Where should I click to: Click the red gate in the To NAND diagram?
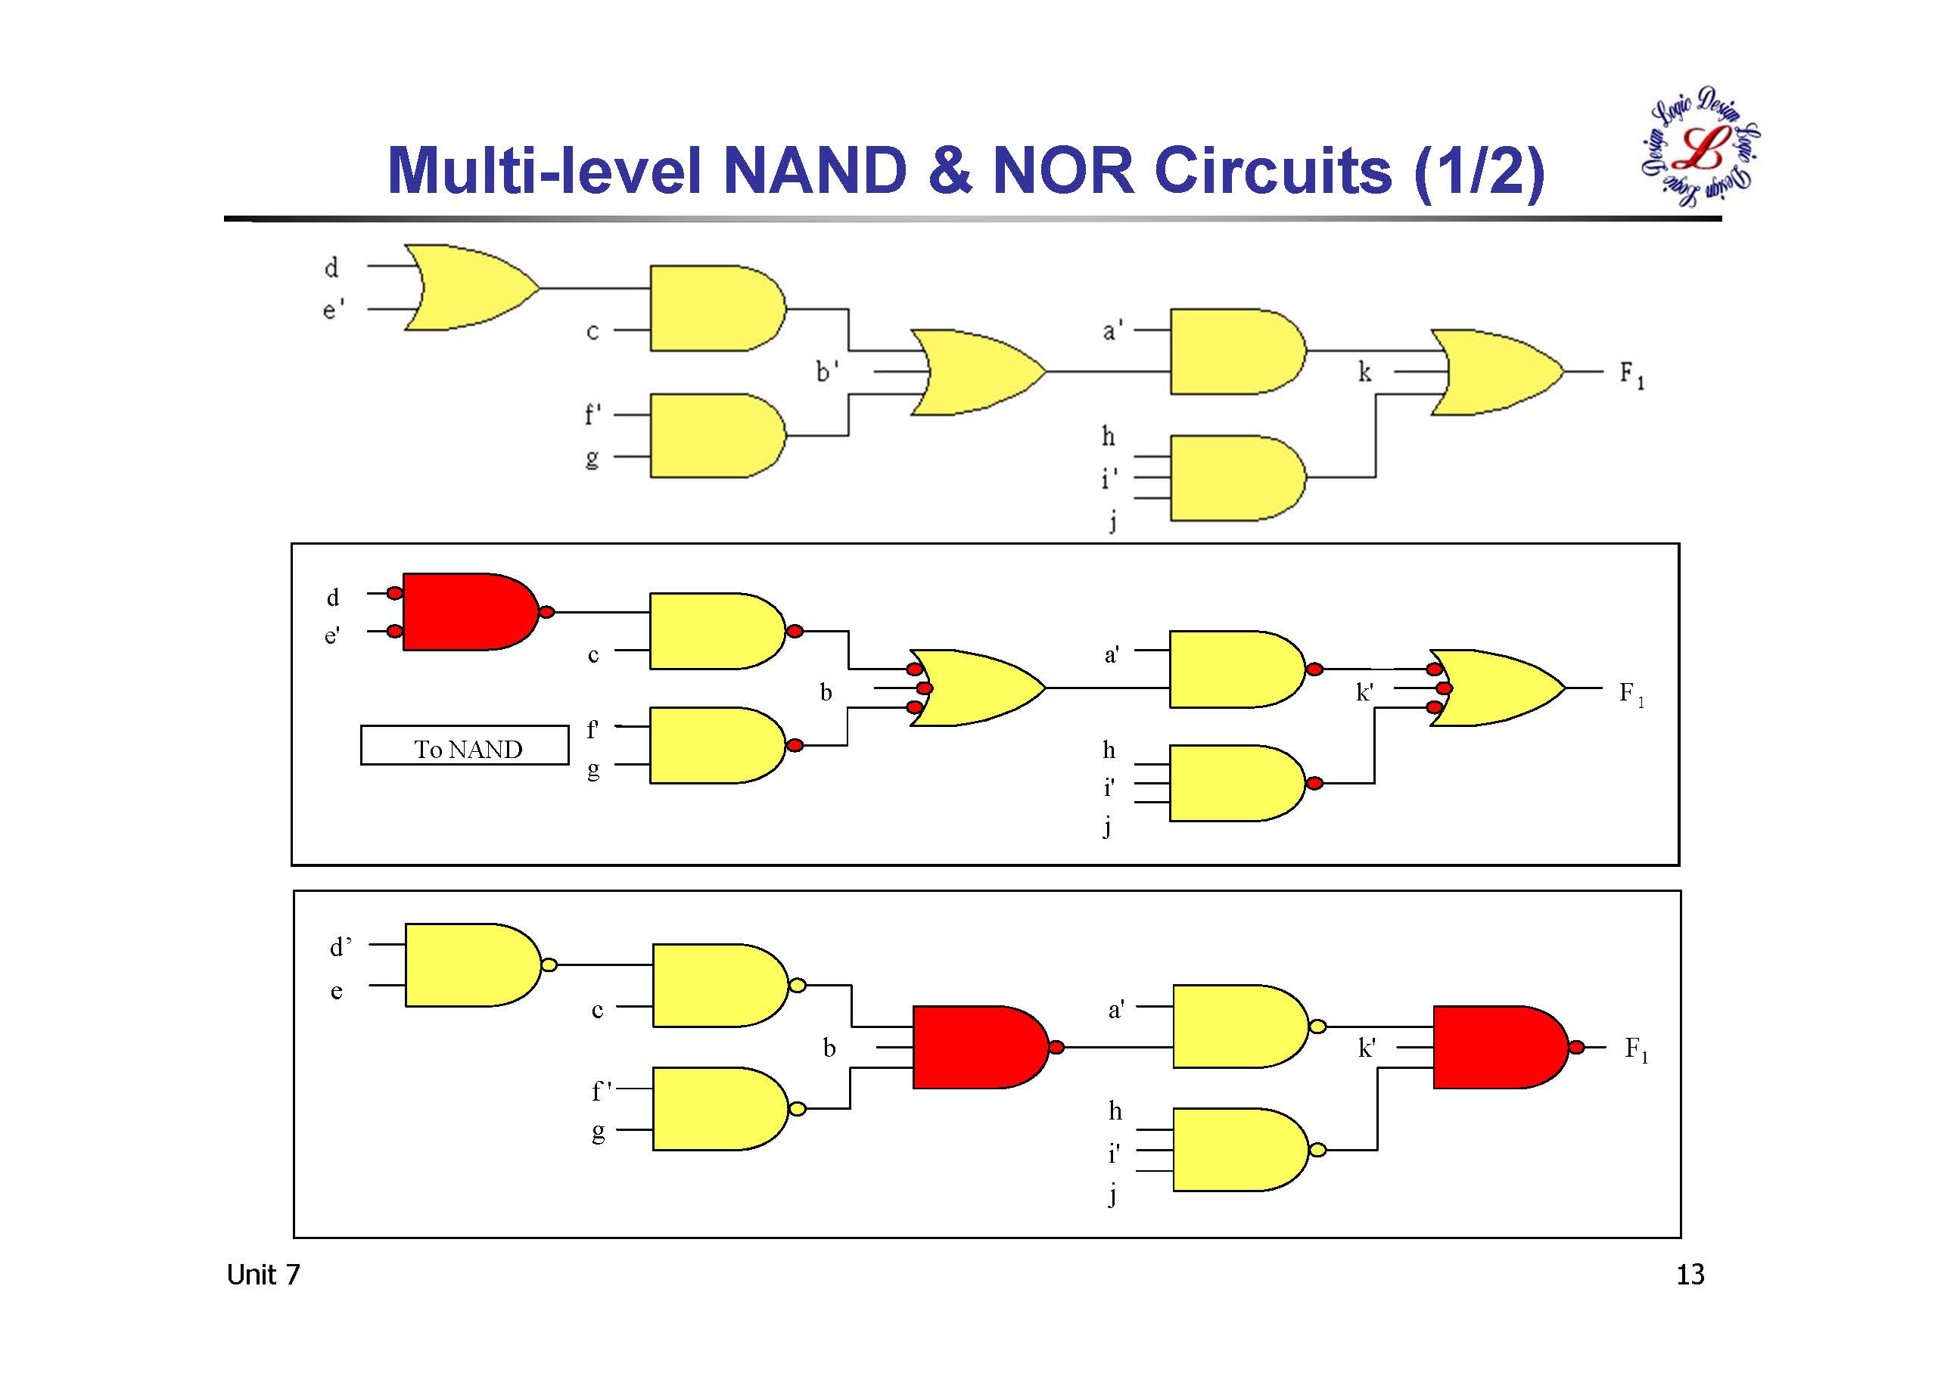coord(469,611)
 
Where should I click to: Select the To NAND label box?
coord(465,746)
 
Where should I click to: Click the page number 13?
coord(1689,1275)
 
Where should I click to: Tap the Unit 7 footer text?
coord(263,1275)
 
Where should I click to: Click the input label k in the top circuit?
coord(1364,371)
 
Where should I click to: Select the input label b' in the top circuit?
coord(827,371)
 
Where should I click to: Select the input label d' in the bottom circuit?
coord(340,946)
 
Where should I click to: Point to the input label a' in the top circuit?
coord(1112,330)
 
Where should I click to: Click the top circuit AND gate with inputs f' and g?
coord(716,435)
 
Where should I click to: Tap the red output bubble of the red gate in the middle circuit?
coord(547,611)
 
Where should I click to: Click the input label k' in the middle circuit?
coord(1364,693)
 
